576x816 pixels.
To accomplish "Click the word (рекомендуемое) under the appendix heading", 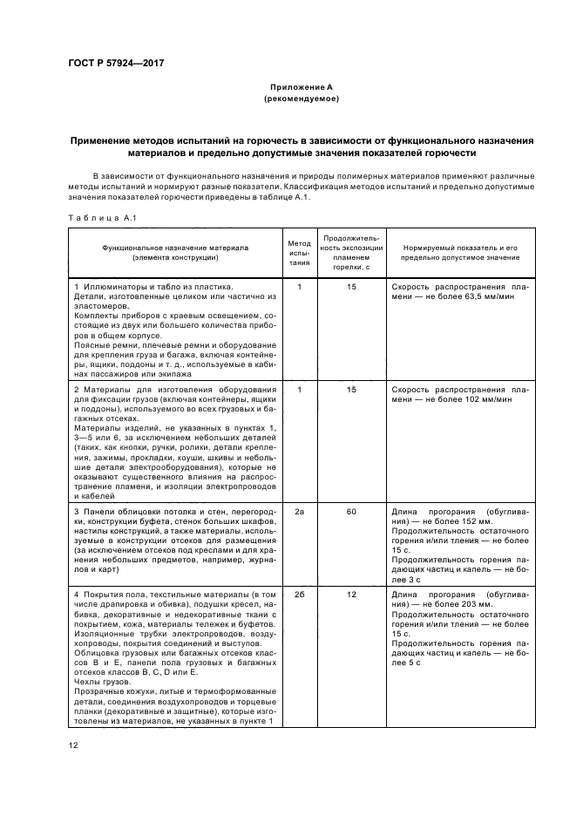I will pos(301,99).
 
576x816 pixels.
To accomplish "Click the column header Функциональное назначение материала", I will pos(175,253).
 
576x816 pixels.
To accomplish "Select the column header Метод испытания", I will pos(299,251).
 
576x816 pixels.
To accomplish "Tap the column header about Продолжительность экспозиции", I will pos(351,251).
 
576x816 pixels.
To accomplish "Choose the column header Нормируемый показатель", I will pos(456,253).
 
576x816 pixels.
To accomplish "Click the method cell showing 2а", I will pos(299,512).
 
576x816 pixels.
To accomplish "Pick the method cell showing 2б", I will pos(299,593).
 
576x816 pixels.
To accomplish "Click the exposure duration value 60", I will pos(351,512).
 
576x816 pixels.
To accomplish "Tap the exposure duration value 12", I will pos(351,593).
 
